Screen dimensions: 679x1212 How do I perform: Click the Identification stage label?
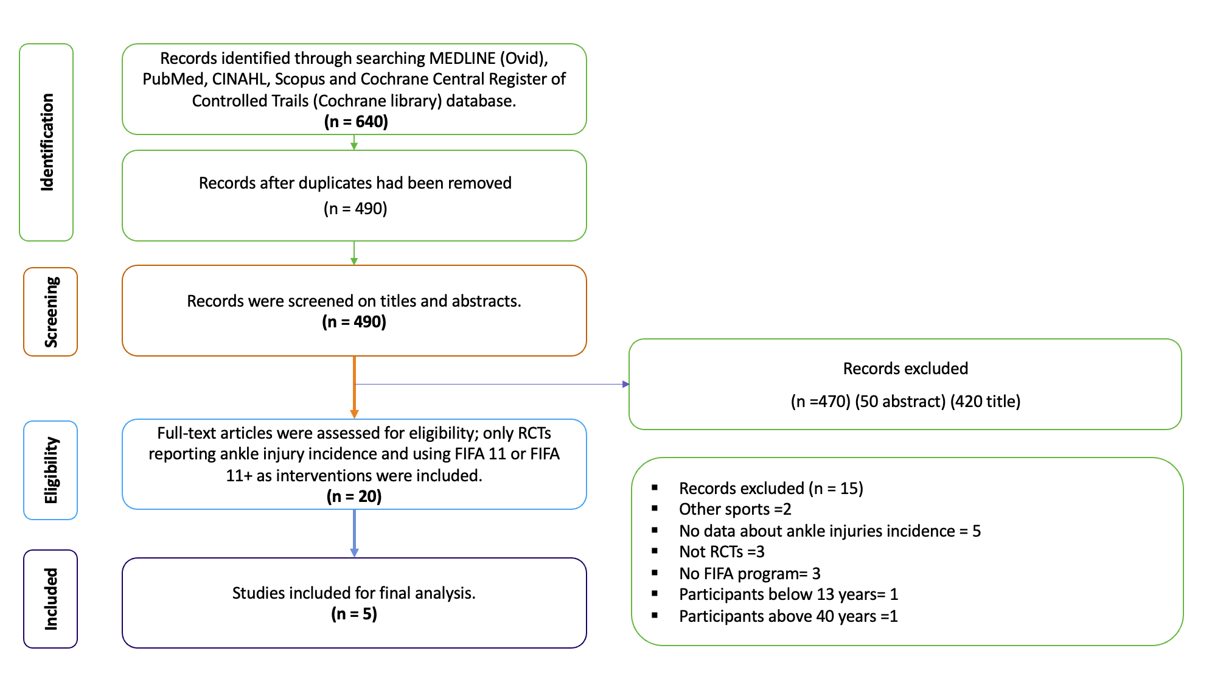click(47, 142)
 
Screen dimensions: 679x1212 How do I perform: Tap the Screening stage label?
click(51, 312)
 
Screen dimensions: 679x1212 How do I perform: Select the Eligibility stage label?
click(51, 470)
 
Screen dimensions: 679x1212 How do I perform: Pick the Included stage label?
click(51, 599)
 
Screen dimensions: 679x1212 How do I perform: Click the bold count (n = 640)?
click(356, 122)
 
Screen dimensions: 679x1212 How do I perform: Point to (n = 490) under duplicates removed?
click(355, 209)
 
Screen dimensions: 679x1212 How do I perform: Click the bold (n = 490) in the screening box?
click(354, 322)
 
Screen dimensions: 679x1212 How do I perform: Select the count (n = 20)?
click(354, 496)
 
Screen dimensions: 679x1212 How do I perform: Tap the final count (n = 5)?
click(354, 614)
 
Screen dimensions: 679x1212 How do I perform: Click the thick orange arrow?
click(354, 387)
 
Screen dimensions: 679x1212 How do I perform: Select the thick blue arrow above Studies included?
click(354, 533)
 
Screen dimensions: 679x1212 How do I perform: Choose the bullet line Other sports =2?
click(735, 509)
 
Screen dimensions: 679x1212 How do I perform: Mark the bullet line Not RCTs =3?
click(722, 552)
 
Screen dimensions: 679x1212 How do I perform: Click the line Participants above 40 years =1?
click(788, 616)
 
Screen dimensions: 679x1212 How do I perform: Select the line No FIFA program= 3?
click(750, 574)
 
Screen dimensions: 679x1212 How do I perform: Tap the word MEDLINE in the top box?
click(462, 58)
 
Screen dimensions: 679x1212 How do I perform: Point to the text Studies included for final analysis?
click(354, 593)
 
